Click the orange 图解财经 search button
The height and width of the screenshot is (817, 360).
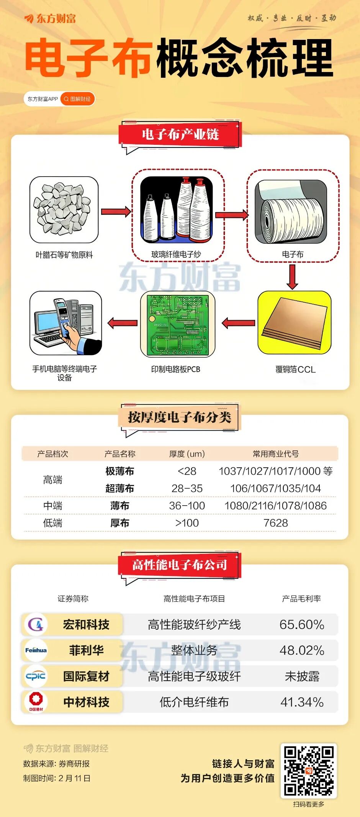(77, 99)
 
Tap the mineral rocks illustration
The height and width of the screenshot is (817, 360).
(64, 210)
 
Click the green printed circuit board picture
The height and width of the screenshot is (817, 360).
(178, 324)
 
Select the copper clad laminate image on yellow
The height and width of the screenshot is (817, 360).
(294, 323)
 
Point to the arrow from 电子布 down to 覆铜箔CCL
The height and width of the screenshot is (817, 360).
(292, 277)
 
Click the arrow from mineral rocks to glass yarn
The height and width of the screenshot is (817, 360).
(116, 211)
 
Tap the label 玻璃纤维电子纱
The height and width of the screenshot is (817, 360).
(176, 254)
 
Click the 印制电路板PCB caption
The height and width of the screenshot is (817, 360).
(176, 369)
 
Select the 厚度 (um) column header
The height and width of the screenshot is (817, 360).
(187, 454)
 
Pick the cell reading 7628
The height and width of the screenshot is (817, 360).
(276, 523)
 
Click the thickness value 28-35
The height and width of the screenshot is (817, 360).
(187, 488)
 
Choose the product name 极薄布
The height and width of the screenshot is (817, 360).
(120, 471)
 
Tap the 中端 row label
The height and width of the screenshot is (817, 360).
(52, 506)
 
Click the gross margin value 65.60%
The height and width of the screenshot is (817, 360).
(302, 624)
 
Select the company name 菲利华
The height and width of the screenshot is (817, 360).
(86, 650)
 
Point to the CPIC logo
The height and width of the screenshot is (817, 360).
(36, 676)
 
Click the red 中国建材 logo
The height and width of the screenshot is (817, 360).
(36, 701)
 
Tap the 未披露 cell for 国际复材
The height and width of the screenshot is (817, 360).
(302, 676)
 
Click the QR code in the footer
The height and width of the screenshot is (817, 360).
(309, 771)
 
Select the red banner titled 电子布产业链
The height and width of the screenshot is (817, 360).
(180, 134)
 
